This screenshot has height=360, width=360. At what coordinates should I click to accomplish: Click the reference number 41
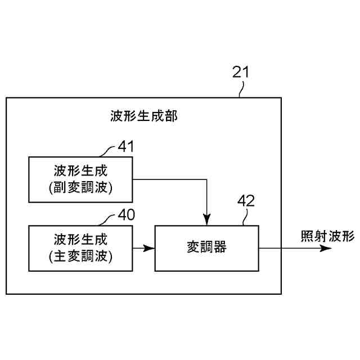pyautogui.click(x=126, y=147)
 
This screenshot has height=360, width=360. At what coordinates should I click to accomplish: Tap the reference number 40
pyautogui.click(x=126, y=215)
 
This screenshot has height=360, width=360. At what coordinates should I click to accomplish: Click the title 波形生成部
pyautogui.click(x=144, y=117)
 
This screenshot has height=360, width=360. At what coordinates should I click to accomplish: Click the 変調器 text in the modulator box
pyautogui.click(x=206, y=247)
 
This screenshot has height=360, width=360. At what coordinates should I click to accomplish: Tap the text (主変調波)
pyautogui.click(x=80, y=256)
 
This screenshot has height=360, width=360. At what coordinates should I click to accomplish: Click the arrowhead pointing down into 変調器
pyautogui.click(x=207, y=220)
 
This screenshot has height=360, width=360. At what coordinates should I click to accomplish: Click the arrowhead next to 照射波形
pyautogui.click(x=327, y=248)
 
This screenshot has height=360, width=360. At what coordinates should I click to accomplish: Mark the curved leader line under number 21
pyautogui.click(x=242, y=89)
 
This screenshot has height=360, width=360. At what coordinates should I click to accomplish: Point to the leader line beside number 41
pyautogui.click(x=107, y=152)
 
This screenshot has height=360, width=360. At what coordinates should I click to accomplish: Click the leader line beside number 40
pyautogui.click(x=107, y=220)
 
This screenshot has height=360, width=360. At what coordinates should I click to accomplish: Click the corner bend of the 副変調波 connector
pyautogui.click(x=207, y=180)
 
